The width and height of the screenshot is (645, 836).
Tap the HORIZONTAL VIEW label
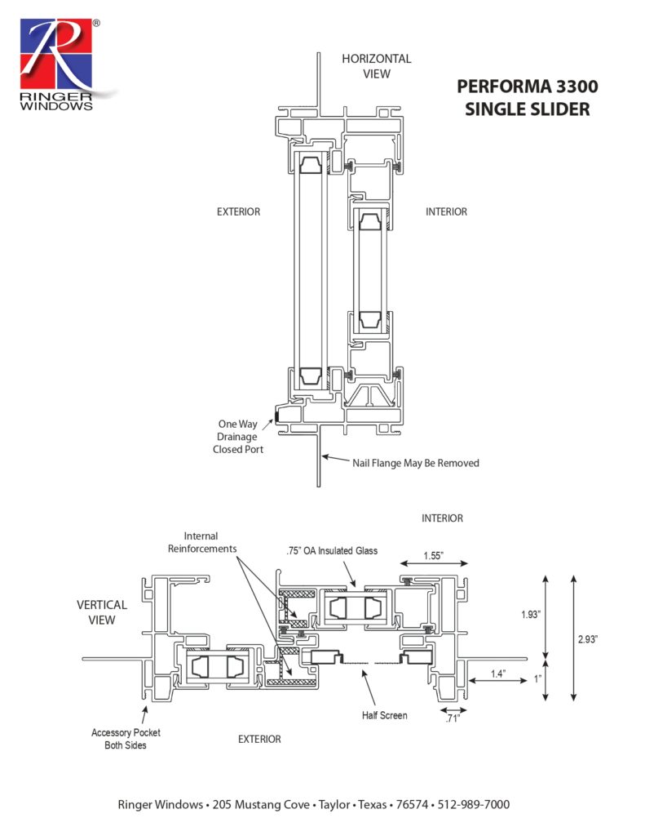[376, 66]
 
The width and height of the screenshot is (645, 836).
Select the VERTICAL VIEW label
[102, 612]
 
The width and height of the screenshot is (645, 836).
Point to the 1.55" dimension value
[433, 554]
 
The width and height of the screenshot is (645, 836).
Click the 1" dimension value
[537, 678]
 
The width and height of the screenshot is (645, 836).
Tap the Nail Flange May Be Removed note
[415, 463]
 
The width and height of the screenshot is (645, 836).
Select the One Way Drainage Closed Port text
[236, 436]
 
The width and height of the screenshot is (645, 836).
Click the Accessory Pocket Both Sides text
[121, 739]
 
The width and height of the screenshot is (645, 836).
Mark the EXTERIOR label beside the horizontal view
[238, 211]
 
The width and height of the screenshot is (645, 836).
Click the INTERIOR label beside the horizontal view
[446, 211]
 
